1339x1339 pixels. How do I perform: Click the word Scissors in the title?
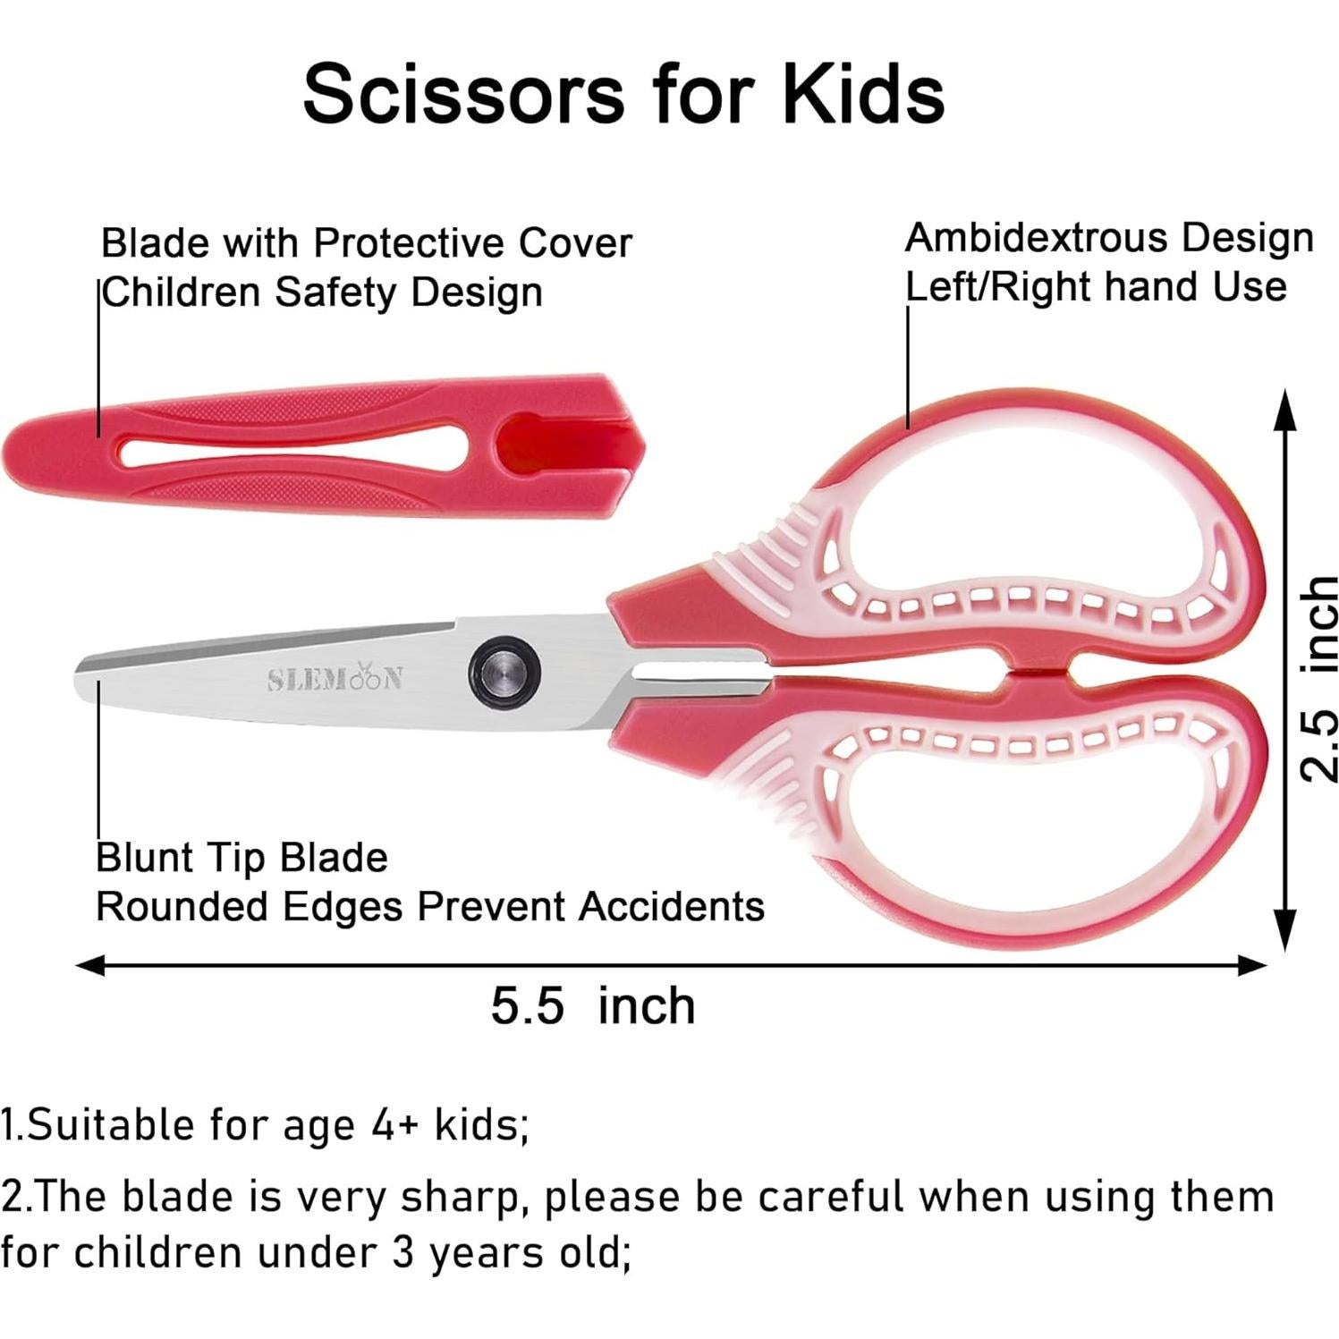tap(463, 94)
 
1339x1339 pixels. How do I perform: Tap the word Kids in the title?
tap(863, 94)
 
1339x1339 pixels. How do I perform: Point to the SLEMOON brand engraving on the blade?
tap(336, 679)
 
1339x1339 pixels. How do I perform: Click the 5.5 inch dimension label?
tap(593, 1004)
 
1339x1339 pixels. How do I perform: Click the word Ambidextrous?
tap(1037, 239)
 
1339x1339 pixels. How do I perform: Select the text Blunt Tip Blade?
tap(242, 858)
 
